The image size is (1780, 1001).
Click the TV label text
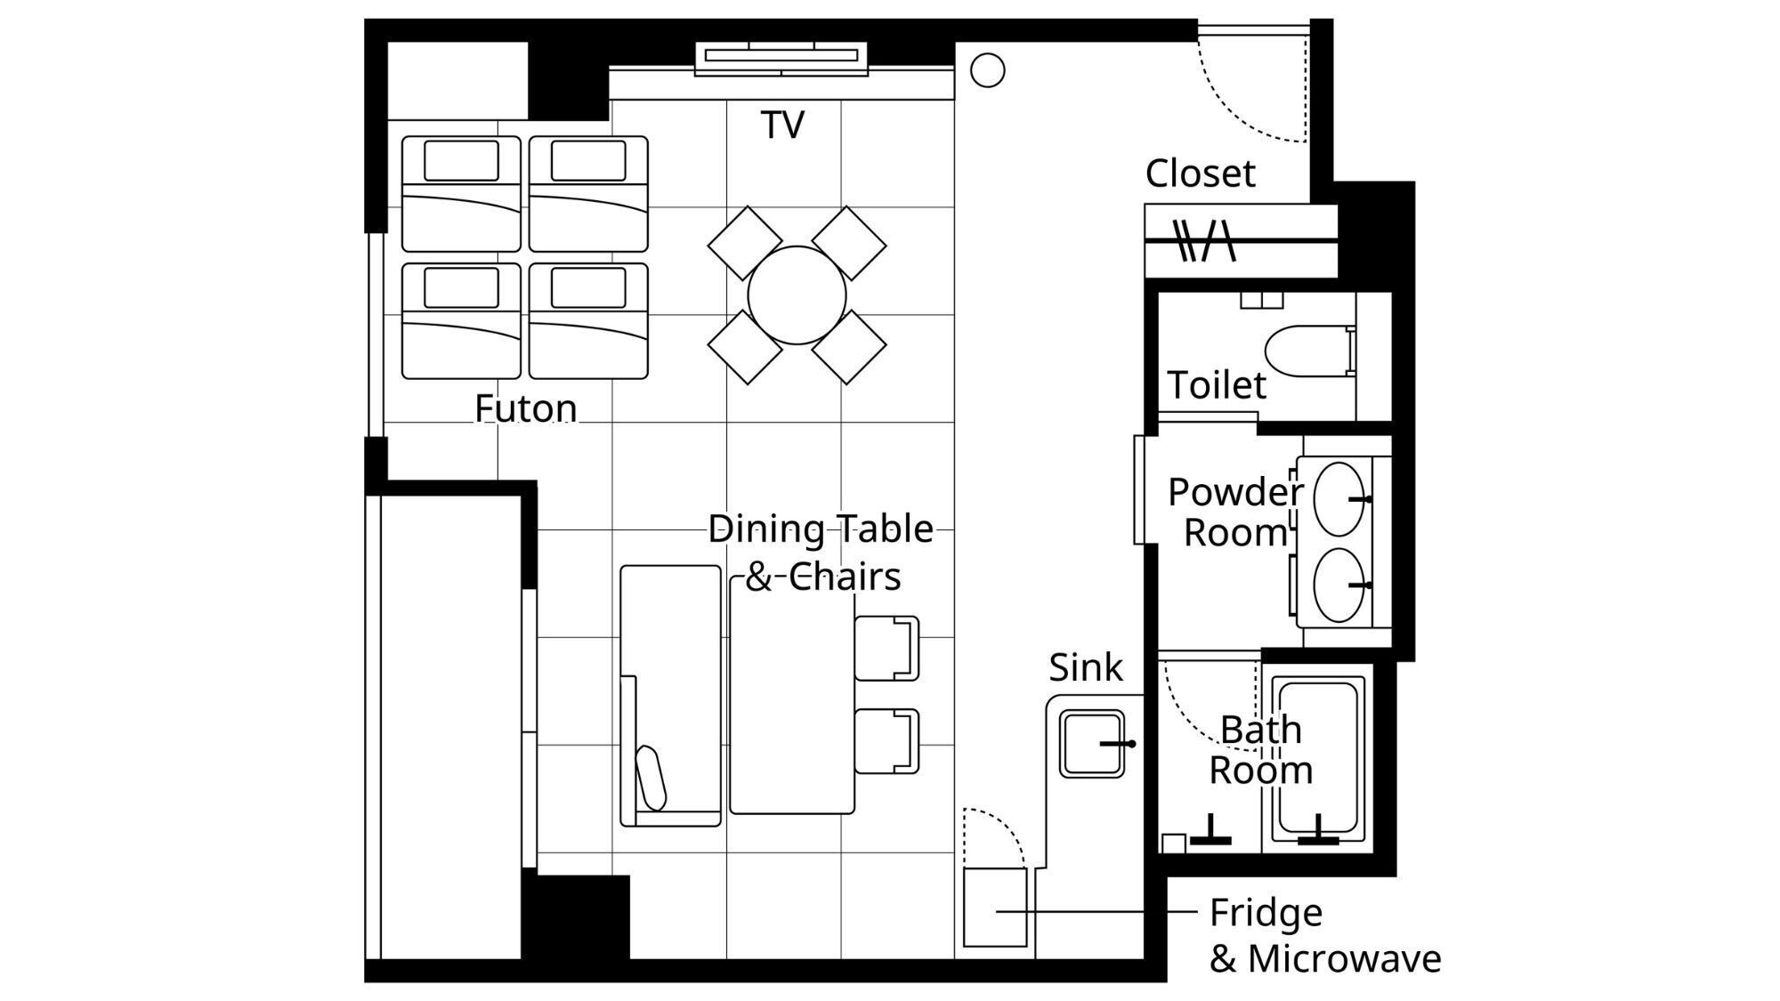[x=782, y=125]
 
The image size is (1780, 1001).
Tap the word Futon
[x=525, y=408]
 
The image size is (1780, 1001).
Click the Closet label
[x=1200, y=174]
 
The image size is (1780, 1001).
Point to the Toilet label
[x=1216, y=385]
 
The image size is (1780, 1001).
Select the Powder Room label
[x=1235, y=512]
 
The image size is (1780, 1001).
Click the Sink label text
[x=1086, y=667]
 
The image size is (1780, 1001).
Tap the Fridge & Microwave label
[x=1324, y=935]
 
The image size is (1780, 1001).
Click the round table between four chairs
[x=797, y=295]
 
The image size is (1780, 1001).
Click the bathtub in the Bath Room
[x=1318, y=759]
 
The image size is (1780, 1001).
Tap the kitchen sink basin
[x=1092, y=743]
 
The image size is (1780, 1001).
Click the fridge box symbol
[x=995, y=908]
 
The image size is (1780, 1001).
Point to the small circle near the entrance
[x=987, y=70]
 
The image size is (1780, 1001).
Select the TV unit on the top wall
[x=781, y=57]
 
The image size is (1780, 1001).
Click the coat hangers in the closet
[x=1205, y=240]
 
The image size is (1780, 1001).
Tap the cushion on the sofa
[x=651, y=778]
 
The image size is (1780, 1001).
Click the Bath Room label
[x=1260, y=749]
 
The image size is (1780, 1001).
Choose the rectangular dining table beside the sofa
[x=792, y=695]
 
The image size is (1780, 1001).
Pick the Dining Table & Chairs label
[x=821, y=553]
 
